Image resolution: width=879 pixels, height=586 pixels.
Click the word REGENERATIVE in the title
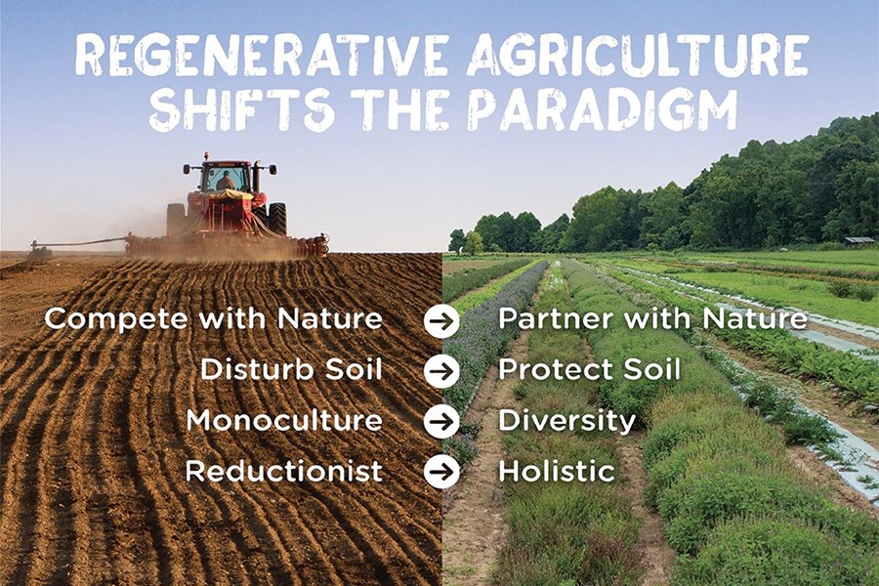pos(261,56)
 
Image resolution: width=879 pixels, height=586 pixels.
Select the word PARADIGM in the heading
pos(602,109)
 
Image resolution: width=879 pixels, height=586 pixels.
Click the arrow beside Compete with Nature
pos(441,320)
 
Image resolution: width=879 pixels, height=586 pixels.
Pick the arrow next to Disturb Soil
pos(441,371)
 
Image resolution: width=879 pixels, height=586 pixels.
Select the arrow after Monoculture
pos(441,421)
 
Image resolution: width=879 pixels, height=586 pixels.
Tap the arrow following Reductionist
pos(441,471)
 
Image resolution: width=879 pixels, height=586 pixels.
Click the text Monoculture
pos(284,420)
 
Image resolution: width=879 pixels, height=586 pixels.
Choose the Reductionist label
pos(284,471)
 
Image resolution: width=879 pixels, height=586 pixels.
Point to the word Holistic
pos(557,471)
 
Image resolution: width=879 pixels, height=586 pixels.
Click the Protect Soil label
pos(589,369)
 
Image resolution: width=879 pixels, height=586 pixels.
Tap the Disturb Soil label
pos(291,369)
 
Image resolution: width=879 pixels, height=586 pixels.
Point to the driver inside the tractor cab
pos(226,181)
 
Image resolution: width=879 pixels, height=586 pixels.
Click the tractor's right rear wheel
pos(277,219)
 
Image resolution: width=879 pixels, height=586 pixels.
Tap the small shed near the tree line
pos(858,240)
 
